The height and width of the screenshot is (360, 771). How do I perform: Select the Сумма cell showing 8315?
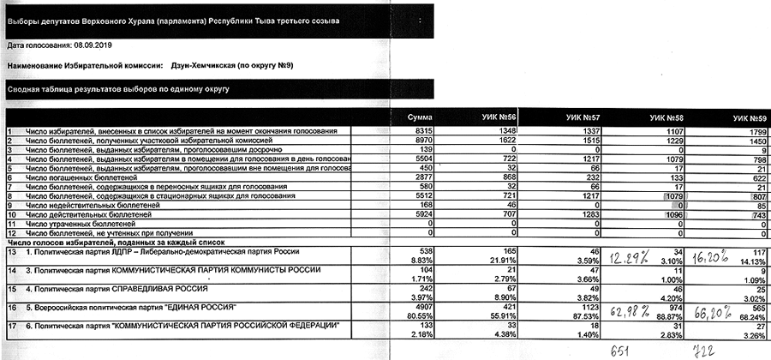(x=422, y=131)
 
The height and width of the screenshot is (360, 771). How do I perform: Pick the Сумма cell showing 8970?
(x=422, y=140)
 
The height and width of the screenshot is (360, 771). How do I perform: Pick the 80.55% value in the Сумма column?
(x=421, y=315)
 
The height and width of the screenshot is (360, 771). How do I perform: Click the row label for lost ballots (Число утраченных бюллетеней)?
(x=81, y=221)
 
